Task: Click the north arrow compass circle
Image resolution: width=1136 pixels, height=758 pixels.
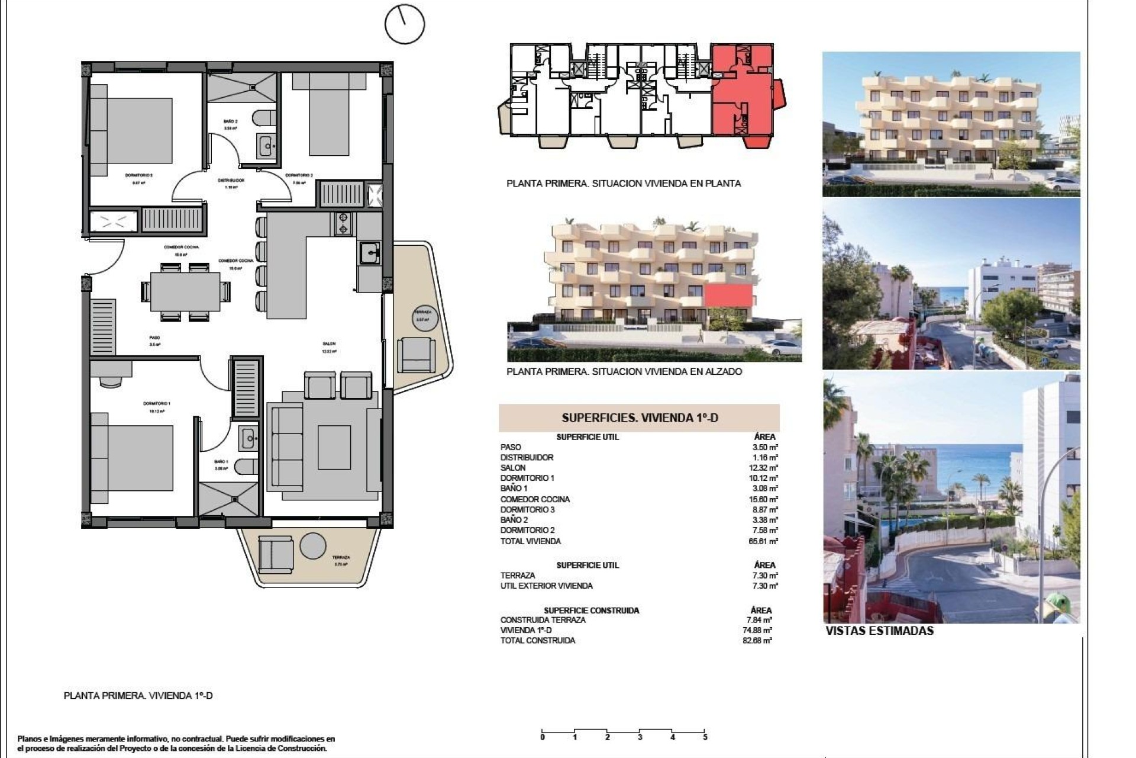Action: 405,24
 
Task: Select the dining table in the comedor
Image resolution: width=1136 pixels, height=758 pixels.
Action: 185,291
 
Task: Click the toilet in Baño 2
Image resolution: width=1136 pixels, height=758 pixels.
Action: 264,118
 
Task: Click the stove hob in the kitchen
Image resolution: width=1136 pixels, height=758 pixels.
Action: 343,224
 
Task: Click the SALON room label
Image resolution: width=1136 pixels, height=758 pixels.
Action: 330,343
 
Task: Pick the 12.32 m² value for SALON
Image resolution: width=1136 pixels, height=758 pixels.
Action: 766,468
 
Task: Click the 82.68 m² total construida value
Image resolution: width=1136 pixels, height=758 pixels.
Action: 760,641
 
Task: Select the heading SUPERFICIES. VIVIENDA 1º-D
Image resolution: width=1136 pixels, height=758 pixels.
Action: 639,418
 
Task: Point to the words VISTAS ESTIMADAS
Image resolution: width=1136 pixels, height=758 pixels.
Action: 879,631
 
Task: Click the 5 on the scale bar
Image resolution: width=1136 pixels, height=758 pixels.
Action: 705,738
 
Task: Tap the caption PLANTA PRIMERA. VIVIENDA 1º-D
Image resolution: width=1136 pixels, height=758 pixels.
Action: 138,696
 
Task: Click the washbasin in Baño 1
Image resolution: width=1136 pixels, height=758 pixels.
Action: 249,439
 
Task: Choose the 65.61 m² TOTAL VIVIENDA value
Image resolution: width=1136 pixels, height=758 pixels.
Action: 766,541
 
